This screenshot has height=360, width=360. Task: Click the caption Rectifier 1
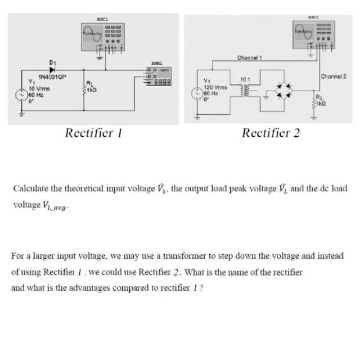(93, 133)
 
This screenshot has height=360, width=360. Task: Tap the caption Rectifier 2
(271, 133)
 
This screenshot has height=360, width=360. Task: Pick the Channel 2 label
(332, 76)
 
